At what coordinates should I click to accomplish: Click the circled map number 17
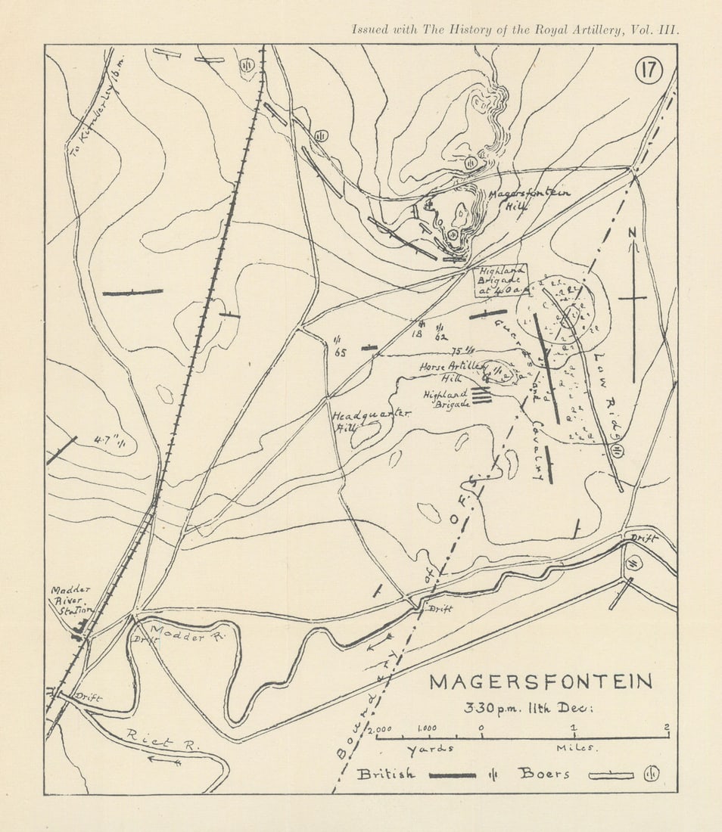649,70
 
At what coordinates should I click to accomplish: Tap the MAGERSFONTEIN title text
540,681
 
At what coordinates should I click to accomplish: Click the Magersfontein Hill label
527,199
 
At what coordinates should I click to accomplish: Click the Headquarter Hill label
369,421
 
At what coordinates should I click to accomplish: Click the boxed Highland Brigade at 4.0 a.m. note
500,281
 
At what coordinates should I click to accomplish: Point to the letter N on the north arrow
632,233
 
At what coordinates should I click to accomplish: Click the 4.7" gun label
108,441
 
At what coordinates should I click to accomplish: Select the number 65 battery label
339,352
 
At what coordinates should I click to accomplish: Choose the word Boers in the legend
543,774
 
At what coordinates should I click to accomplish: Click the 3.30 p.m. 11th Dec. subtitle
530,709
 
